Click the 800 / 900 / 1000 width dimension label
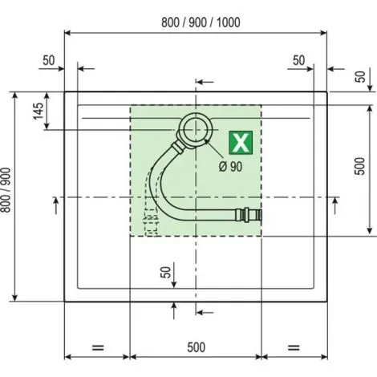201,22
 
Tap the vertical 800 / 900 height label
6,190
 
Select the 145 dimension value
39,111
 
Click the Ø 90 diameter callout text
230,167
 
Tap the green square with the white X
241,143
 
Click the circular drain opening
196,130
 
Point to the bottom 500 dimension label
197,347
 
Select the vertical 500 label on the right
359,166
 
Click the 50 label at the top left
49,60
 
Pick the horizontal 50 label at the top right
298,60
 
